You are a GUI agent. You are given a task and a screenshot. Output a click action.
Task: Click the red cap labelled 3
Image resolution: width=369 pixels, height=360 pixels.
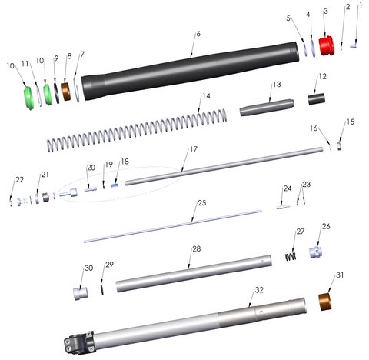(x=327, y=45)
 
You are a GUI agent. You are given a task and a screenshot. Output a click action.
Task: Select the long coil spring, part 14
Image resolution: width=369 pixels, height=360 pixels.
(x=137, y=130)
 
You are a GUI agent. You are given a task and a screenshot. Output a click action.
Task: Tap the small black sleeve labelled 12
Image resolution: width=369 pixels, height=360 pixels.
(x=316, y=99)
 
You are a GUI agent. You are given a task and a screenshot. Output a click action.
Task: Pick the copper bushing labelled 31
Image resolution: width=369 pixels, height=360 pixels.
(x=325, y=302)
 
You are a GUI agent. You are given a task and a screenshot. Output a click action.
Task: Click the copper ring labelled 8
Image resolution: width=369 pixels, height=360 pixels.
(x=66, y=92)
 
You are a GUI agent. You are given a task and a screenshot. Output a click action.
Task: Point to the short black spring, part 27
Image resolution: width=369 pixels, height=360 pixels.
(x=291, y=256)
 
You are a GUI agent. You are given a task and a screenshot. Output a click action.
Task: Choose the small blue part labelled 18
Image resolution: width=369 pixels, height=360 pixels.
(x=115, y=185)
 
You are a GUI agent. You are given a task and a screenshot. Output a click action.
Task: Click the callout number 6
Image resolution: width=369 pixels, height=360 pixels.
(x=198, y=34)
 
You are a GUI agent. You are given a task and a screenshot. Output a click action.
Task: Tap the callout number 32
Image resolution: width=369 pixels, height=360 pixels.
(x=259, y=290)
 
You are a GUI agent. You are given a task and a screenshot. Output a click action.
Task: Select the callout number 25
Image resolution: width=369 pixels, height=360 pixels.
(x=202, y=203)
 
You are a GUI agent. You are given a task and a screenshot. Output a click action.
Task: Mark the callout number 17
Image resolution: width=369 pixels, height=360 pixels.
(x=194, y=149)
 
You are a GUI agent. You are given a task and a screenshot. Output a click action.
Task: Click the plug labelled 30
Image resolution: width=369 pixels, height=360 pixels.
(x=81, y=294)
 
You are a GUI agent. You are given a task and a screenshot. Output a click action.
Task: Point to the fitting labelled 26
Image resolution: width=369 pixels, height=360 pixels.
(x=316, y=252)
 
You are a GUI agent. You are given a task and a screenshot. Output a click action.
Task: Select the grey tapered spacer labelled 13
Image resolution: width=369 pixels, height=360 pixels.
(x=267, y=108)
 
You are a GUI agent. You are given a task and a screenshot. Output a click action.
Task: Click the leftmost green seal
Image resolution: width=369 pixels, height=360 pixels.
(x=28, y=98)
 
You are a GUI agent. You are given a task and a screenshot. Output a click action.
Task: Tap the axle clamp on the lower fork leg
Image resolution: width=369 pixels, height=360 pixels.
(x=79, y=342)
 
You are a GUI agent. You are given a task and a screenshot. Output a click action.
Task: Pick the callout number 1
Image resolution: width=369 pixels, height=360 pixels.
(x=361, y=5)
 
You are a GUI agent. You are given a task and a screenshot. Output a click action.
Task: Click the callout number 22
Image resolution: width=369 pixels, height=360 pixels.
(x=20, y=179)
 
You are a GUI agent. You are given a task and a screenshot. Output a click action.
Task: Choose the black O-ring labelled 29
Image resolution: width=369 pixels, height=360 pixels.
(x=102, y=288)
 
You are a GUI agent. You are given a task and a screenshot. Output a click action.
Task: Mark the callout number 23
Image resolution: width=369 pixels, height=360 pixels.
(x=307, y=185)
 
